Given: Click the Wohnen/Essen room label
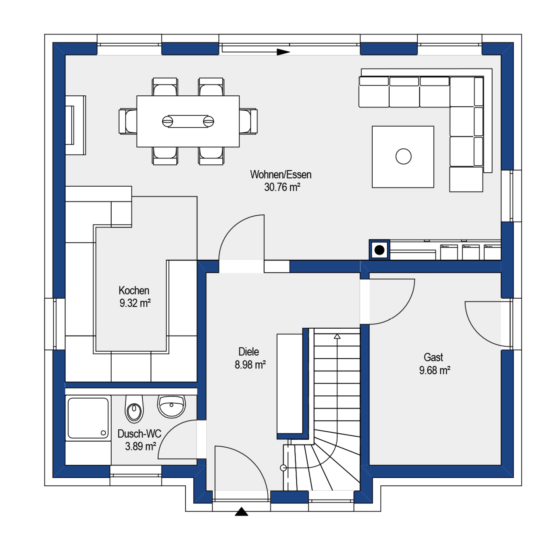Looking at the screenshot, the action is coord(281,175).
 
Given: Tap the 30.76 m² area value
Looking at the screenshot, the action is coord(282,187).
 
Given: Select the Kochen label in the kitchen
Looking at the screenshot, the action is coord(134,290).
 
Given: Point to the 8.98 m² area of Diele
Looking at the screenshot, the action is coord(250,364).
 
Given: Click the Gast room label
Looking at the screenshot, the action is coord(433,357).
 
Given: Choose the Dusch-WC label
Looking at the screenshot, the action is coord(139,434).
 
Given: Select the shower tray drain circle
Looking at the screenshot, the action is coord(103,433).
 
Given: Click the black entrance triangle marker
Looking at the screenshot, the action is coord(242,511).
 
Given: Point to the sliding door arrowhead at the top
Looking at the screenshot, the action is coord(283,52).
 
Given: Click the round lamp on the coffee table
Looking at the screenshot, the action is coord(403,156).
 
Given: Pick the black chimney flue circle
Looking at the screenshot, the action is coord(379,250).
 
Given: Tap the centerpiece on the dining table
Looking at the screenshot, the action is coord(188,121).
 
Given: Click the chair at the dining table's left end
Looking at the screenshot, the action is coord(128,121).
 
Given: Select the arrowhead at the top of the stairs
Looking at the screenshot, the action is coord(337,336).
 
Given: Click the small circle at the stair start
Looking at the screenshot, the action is coord(283,468).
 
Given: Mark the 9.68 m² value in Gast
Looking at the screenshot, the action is coord(435,370).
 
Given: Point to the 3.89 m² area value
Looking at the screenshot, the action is coord(140,446).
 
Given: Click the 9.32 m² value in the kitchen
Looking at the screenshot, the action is coord(135,303).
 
